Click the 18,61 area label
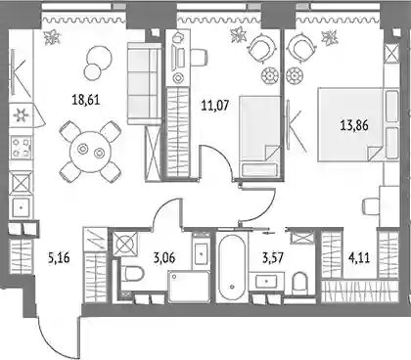pyautogui.click(x=86, y=100)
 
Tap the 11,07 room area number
pyautogui.click(x=215, y=106)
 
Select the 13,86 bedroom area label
pyautogui.click(x=354, y=125)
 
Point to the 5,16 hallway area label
pyautogui.click(x=59, y=258)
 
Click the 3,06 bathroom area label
pyautogui.click(x=164, y=258)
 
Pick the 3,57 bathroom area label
pyautogui.click(x=273, y=258)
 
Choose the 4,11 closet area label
pyautogui.click(x=359, y=258)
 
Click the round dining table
pyautogui.click(x=91, y=152)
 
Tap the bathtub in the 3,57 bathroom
pyautogui.click(x=232, y=267)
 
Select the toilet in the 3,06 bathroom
pyautogui.click(x=132, y=275)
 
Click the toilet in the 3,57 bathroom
pyautogui.click(x=299, y=283)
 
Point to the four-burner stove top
pyautogui.click(x=22, y=148)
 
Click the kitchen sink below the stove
pyautogui.click(x=22, y=206)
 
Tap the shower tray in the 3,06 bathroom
pyautogui.click(x=189, y=288)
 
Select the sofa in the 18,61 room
pyautogui.click(x=144, y=83)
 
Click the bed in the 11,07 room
pyautogui.click(x=259, y=136)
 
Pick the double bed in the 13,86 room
pyautogui.click(x=358, y=124)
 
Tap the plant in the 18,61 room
pyautogui.click(x=52, y=36)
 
